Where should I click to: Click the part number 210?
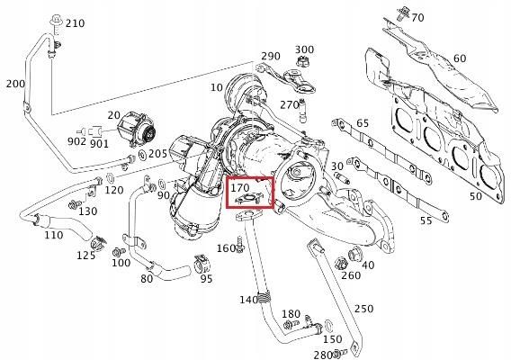(76, 22)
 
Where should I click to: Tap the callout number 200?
(14, 84)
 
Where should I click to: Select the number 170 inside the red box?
(240, 190)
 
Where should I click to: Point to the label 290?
(270, 57)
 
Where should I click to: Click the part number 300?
(304, 49)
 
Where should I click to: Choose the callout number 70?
(417, 15)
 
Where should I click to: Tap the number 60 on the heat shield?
(460, 59)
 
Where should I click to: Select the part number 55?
(426, 219)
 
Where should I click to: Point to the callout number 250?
(363, 309)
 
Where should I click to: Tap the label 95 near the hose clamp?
(206, 278)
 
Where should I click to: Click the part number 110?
(54, 235)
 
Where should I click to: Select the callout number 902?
(77, 141)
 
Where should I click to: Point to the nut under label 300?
(304, 64)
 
